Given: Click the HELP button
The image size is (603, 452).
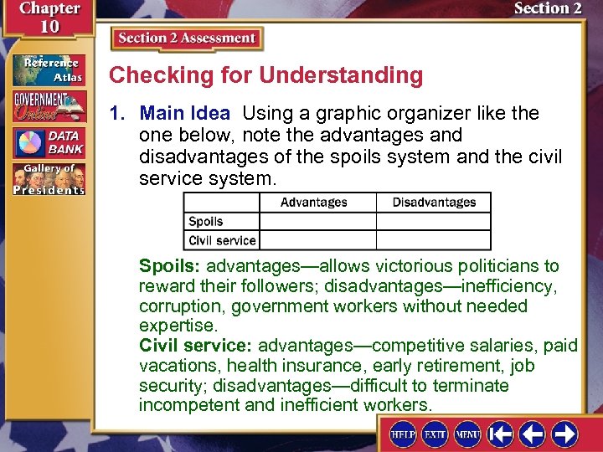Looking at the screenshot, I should click(x=405, y=434).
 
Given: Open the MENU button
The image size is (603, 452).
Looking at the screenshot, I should click(x=467, y=434).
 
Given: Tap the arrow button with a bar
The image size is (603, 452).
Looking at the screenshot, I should click(x=501, y=434).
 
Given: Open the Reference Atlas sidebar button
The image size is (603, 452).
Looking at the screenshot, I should click(x=48, y=70).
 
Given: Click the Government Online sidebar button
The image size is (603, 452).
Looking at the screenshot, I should click(x=48, y=106).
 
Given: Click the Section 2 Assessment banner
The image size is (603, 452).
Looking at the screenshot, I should click(x=187, y=39).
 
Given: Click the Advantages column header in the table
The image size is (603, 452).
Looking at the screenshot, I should click(x=313, y=203).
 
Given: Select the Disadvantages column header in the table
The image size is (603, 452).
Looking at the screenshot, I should click(x=433, y=203).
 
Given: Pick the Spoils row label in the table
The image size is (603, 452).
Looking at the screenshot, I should click(x=206, y=222).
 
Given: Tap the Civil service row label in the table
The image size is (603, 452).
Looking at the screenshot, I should click(x=222, y=240).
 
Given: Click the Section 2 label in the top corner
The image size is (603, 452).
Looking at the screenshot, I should click(x=548, y=9).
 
